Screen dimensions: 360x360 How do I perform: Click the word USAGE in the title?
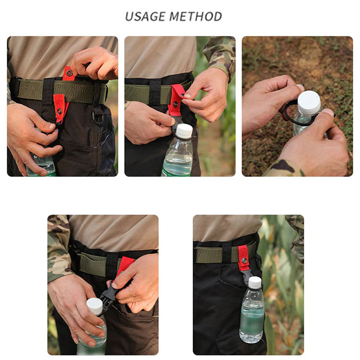[145, 17]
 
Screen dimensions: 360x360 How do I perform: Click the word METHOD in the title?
[196, 17]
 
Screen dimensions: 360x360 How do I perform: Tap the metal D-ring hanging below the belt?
[97, 117]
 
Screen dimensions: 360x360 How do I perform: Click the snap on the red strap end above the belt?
[69, 73]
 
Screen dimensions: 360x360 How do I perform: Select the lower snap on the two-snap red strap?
[59, 111]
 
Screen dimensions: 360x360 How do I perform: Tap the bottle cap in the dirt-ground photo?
[309, 103]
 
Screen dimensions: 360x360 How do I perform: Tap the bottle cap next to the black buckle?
[94, 306]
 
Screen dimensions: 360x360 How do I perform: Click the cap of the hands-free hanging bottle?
[255, 282]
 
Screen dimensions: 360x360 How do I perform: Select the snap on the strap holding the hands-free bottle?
[244, 260]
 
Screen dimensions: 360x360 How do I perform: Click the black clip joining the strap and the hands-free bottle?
[249, 276]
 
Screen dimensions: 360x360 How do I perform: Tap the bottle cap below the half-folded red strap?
[184, 131]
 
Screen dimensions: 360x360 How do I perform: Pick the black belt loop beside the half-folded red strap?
[155, 92]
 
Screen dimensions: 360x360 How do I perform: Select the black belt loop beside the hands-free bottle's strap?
[227, 252]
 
